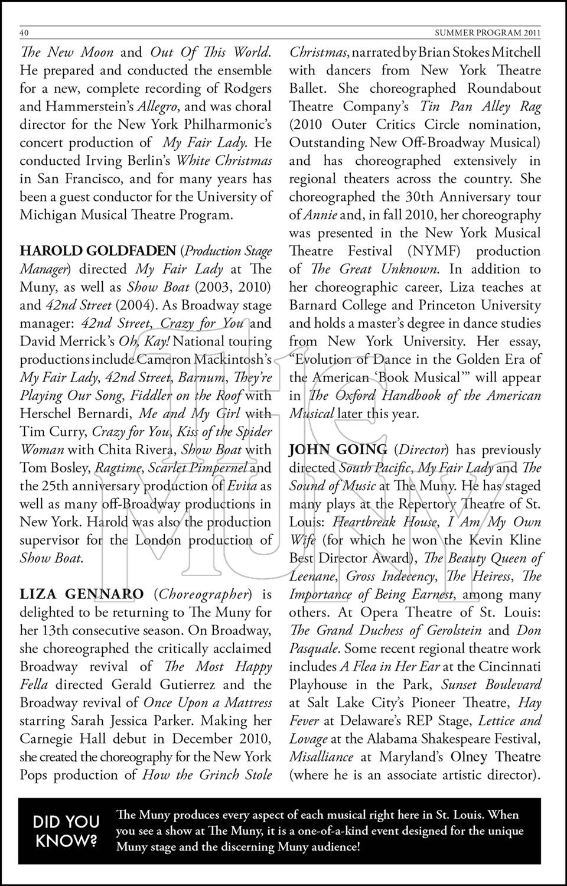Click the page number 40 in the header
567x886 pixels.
25,32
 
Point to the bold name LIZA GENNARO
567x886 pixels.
82,594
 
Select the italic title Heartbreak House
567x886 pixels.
385,522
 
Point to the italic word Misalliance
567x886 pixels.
321,757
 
